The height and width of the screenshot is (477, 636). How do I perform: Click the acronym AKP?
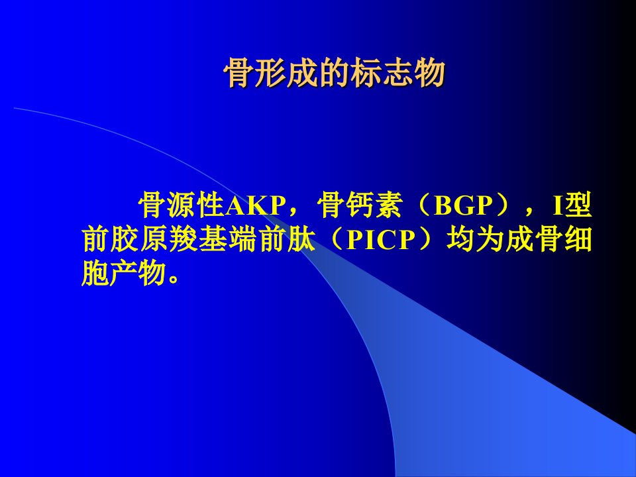[255, 205]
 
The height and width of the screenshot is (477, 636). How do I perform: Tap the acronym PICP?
[382, 240]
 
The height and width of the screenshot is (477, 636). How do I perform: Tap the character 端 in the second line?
[241, 240]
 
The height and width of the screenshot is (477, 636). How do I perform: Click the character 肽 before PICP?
[299, 240]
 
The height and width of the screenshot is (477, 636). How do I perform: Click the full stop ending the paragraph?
[174, 279]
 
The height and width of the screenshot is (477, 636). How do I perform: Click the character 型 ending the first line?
[578, 205]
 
